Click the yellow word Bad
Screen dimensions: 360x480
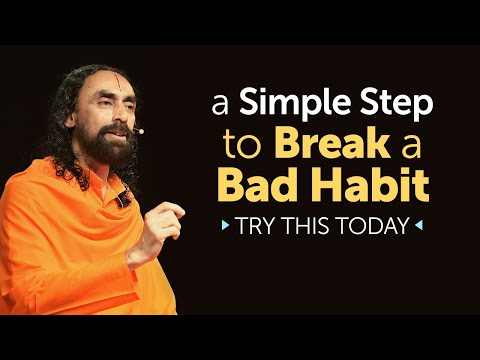tap(277, 187)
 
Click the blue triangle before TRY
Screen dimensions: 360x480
tap(226, 225)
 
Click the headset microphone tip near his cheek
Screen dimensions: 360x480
tap(141, 131)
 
